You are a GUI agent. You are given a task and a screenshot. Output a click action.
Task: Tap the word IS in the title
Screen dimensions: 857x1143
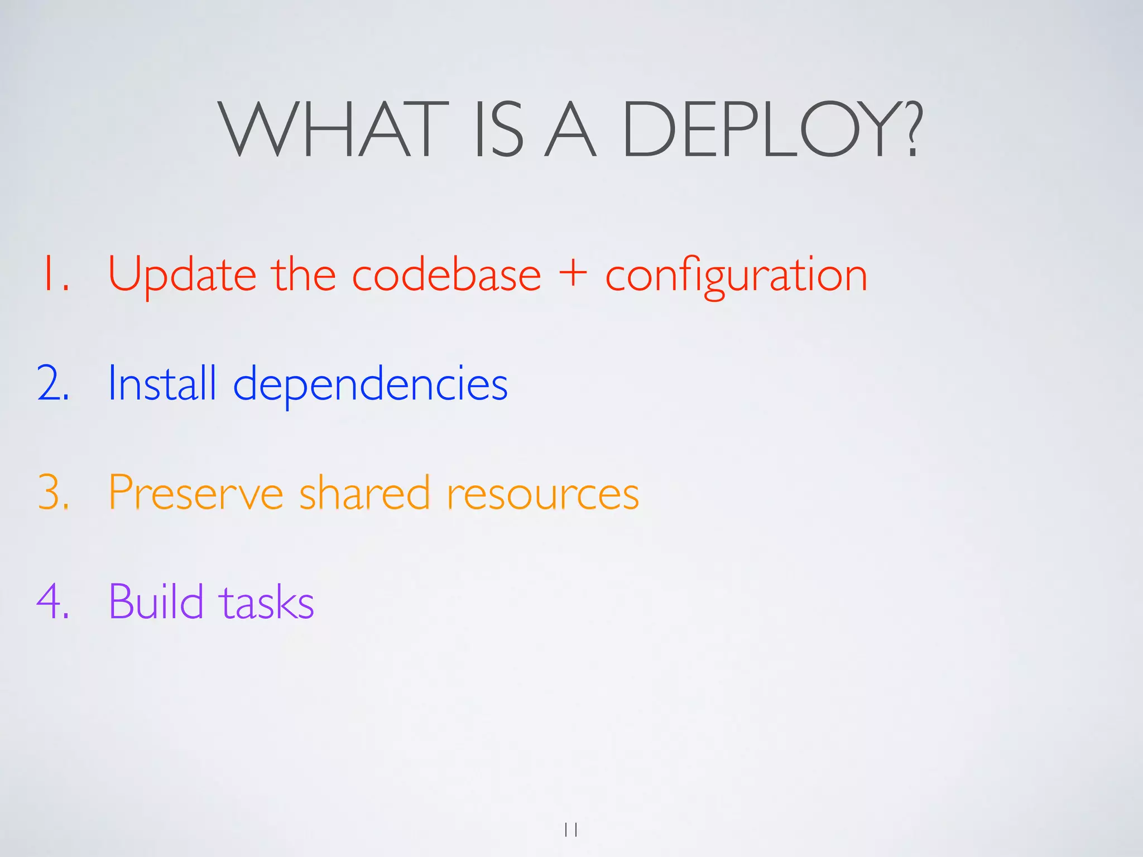498,129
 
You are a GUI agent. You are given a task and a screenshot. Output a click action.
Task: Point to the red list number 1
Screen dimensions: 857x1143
54,274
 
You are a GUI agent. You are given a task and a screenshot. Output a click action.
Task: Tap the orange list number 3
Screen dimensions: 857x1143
54,493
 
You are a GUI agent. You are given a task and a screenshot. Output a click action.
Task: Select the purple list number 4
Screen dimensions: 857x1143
53,601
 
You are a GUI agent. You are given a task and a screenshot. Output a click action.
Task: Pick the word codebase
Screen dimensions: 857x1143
446,274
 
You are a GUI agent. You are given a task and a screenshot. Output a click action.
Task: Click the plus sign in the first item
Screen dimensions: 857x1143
573,274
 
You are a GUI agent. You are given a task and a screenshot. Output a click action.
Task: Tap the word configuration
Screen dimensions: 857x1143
736,276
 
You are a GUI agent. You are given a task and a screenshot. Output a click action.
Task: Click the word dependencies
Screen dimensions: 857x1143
370,385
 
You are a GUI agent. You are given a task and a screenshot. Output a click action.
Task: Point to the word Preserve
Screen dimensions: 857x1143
196,493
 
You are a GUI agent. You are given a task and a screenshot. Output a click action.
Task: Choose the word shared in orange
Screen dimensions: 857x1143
364,493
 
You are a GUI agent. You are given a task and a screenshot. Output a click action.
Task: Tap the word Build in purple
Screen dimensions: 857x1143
156,601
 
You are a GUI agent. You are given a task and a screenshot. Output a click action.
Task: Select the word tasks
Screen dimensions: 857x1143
266,603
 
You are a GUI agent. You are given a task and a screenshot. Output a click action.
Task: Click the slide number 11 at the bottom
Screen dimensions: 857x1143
571,830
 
